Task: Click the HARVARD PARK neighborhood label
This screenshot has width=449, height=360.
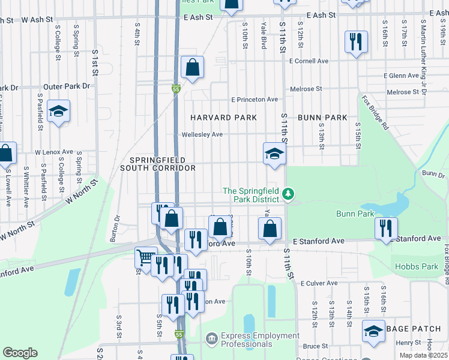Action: pos(223,118)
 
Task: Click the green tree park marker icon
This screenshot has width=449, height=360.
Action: pos(289,193)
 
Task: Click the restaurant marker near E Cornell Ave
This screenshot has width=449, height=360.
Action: pos(355,41)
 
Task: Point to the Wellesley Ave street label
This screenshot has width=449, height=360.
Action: pos(202,134)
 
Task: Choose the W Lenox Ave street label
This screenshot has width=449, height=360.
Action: pos(53,152)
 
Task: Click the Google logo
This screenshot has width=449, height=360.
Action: pos(20,353)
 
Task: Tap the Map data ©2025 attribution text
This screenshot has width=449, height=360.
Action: pos(423,355)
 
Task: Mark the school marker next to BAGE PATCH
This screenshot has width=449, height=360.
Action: pos(373,331)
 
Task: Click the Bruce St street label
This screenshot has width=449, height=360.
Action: pos(315,346)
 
